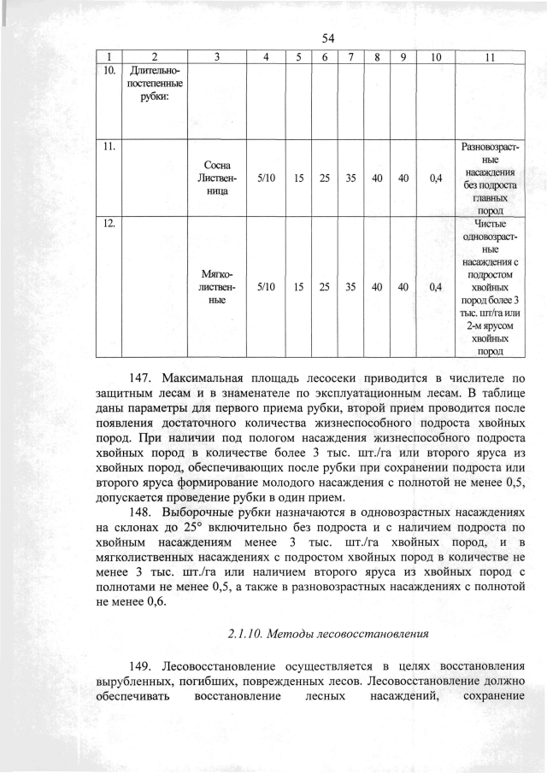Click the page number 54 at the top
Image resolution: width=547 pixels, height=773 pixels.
327,38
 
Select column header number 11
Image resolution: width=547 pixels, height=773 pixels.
488,57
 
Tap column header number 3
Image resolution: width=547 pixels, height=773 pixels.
218,57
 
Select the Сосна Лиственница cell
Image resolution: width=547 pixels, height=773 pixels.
218,179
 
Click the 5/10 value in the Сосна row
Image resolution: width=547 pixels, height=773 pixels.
267,179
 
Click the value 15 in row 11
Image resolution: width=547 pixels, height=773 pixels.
297,179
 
